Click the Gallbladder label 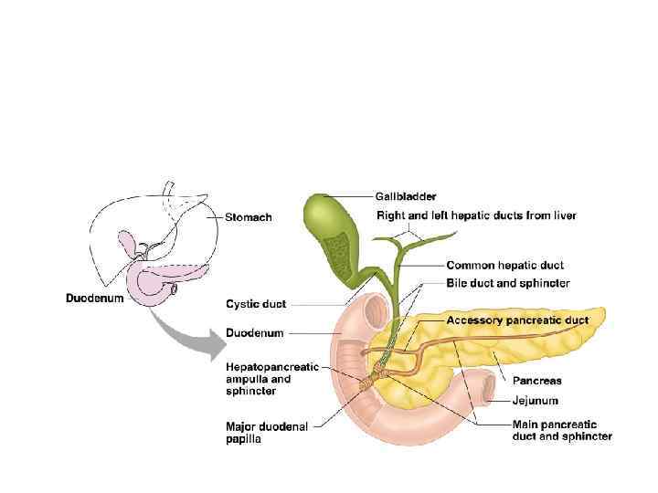coord(406,195)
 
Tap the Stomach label coord(249,217)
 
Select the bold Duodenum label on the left coord(95,298)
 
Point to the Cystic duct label coord(255,303)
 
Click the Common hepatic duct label coord(504,266)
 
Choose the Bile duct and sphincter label coord(508,283)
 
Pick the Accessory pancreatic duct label coord(516,320)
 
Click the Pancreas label coord(536,380)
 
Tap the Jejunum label coord(535,400)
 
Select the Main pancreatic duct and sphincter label coord(562,430)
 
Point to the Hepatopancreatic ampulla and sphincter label coord(272,379)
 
